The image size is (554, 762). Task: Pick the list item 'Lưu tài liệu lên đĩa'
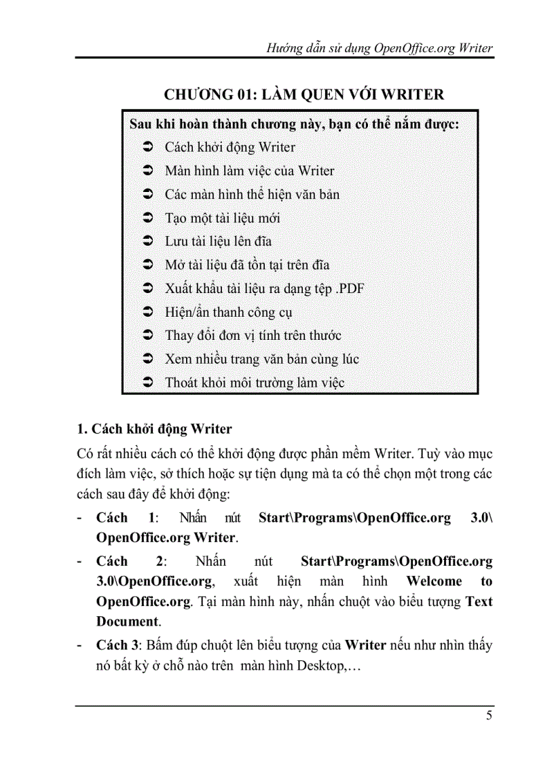[219, 242]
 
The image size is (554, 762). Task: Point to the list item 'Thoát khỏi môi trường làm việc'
[255, 383]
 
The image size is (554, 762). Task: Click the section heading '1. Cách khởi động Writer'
[155, 429]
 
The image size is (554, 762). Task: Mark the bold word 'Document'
[128, 621]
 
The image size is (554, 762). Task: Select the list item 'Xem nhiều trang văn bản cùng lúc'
[262, 359]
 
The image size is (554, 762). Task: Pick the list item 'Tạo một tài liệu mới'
[223, 218]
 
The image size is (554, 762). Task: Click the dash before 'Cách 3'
[81, 645]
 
